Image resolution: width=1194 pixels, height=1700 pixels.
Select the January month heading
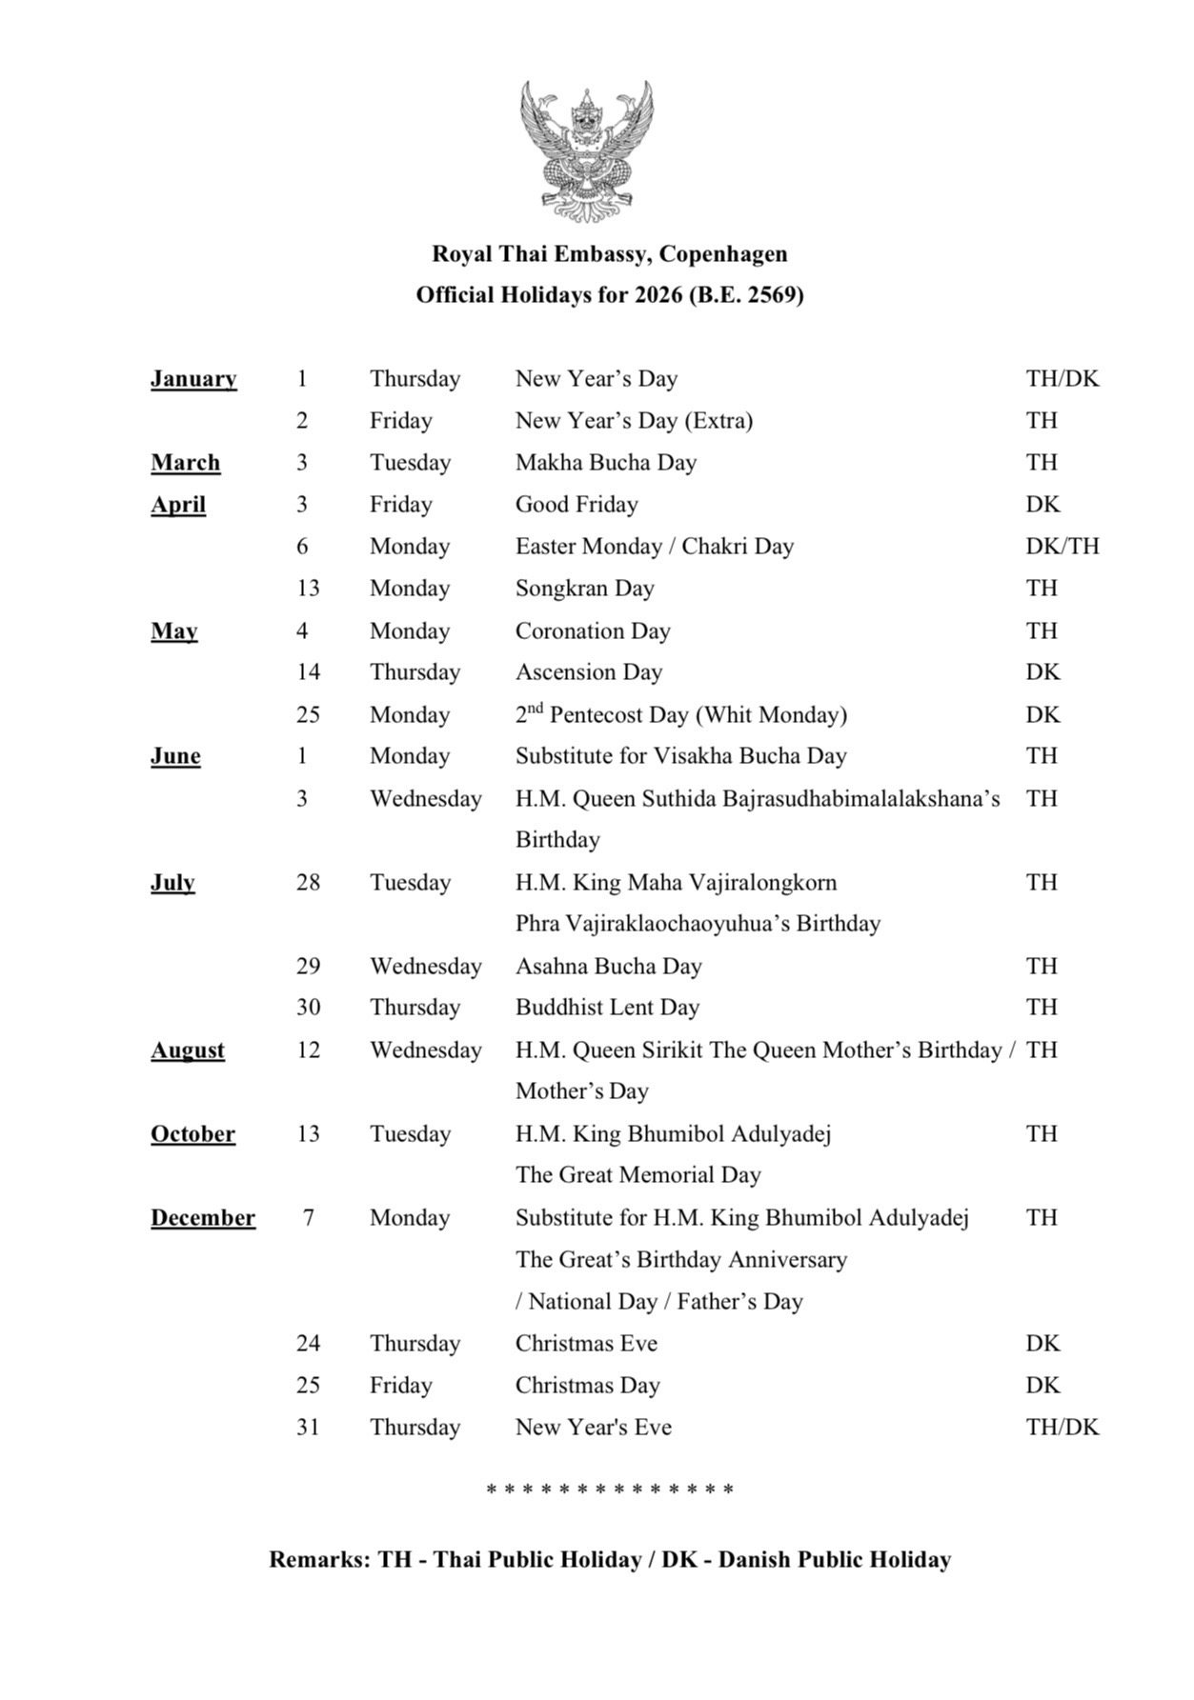pos(193,379)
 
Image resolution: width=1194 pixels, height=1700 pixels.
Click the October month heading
pos(192,1134)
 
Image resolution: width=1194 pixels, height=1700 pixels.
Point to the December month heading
pos(203,1218)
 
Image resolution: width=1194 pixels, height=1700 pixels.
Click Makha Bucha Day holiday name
pos(606,463)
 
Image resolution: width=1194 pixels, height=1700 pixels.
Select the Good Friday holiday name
pos(577,505)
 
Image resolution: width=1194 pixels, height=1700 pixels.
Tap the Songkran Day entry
pos(585,589)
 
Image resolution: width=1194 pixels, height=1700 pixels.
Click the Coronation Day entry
pos(593,630)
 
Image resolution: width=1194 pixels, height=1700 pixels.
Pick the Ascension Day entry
pos(589,672)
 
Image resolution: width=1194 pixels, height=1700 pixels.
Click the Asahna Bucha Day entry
pos(609,967)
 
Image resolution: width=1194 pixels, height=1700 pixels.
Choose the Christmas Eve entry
pos(586,1344)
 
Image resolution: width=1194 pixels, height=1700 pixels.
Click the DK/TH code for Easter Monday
pos(1062,547)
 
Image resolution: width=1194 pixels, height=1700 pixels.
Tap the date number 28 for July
pos(308,883)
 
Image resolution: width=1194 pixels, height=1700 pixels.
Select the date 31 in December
pos(308,1428)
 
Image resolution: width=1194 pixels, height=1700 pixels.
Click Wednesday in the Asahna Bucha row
pos(426,967)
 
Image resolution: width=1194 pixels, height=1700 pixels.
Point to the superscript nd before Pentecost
pos(536,708)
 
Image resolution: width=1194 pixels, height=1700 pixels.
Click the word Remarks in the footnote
pos(320,1560)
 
